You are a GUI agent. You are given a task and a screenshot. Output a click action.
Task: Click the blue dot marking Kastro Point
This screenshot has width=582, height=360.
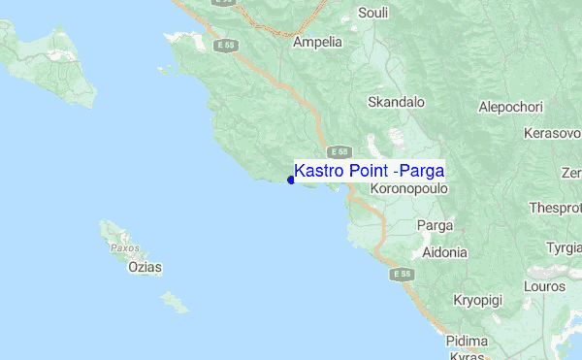[x=291, y=179]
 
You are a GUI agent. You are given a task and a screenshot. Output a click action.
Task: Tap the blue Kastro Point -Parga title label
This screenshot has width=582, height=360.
[x=369, y=169]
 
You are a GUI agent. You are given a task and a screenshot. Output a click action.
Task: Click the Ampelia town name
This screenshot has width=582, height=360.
[x=317, y=42]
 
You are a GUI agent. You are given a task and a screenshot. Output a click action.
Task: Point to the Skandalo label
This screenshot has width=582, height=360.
[x=397, y=101]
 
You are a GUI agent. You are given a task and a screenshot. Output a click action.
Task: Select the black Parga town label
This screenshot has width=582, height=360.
[x=435, y=225]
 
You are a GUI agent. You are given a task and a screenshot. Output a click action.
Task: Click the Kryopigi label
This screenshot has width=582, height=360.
[x=477, y=301]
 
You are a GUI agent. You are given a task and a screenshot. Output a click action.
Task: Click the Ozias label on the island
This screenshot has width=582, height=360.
[x=145, y=267]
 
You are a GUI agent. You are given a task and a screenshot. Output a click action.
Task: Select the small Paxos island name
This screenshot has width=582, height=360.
[x=124, y=247]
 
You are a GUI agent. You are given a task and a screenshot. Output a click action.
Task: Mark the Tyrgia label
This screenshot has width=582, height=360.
[x=564, y=247]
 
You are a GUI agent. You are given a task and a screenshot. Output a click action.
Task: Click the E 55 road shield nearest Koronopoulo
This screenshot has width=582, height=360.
[x=339, y=151]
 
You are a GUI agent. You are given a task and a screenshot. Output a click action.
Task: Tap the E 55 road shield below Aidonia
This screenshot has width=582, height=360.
[x=403, y=275]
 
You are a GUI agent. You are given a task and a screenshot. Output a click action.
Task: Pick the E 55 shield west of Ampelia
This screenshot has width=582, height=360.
[x=226, y=45]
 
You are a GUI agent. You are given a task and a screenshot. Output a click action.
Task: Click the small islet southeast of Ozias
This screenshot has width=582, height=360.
[x=176, y=303]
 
